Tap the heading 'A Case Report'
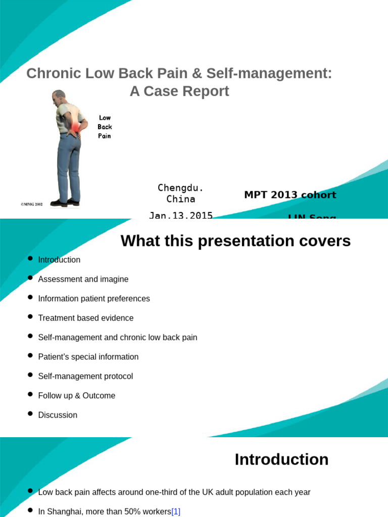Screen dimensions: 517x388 (179, 91)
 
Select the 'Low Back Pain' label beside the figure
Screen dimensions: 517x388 (105, 127)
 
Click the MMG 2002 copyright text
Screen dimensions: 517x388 (32, 204)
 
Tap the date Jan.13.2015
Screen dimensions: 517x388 (180, 215)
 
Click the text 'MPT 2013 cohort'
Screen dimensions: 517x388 (290, 195)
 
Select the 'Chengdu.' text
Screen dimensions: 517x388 (180, 188)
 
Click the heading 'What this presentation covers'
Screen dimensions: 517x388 (235, 241)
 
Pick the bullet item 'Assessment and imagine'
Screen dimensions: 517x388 (83, 279)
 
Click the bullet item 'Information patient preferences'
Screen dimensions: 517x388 (94, 298)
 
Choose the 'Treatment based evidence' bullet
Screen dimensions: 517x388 (86, 318)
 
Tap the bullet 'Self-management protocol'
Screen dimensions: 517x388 (85, 376)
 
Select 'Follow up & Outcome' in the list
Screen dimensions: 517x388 (77, 395)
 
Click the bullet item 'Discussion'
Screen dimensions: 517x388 (58, 415)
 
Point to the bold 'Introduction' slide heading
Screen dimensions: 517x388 (281, 459)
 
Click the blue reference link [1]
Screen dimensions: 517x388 (176, 511)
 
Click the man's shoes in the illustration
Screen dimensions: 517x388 (66, 202)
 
